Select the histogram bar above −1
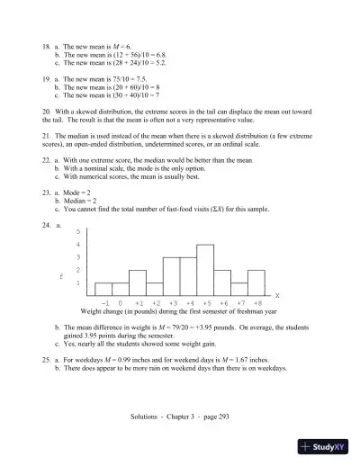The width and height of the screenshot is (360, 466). tap(104, 289)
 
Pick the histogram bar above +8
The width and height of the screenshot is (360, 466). tap(256, 282)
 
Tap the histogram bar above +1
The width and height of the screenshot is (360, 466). tap(138, 282)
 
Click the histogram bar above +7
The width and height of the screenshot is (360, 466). tap(239, 289)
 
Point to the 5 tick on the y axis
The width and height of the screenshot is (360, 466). tap(78, 231)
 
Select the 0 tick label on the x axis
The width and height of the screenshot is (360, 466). tap(121, 304)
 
